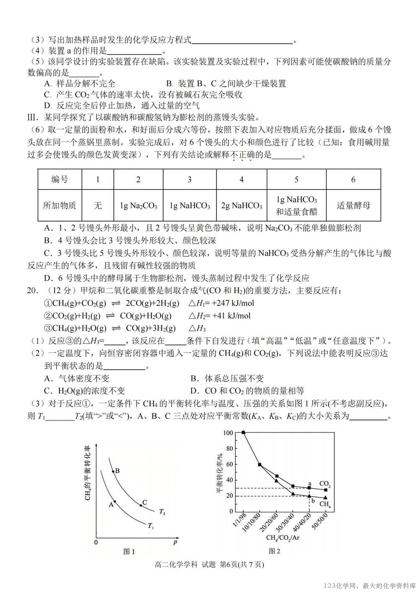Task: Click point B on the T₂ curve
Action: [114, 472]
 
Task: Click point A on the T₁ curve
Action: [115, 502]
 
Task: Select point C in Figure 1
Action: [141, 506]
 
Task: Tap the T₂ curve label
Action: [162, 512]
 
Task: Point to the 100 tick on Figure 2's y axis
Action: [228, 432]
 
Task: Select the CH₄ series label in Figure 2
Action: [325, 504]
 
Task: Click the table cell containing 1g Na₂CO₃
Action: [138, 206]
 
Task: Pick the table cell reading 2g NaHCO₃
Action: [241, 206]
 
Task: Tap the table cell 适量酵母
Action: [353, 206]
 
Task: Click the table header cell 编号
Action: [59, 180]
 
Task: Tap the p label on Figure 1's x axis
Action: [175, 542]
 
